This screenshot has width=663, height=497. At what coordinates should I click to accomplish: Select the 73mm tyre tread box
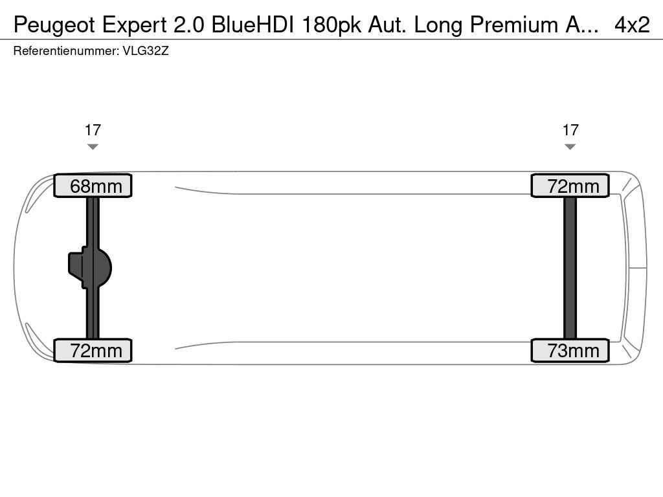click(x=570, y=350)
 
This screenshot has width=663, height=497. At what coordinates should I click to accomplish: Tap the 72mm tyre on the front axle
click(x=93, y=350)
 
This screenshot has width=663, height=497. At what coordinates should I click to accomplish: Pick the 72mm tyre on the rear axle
click(x=570, y=186)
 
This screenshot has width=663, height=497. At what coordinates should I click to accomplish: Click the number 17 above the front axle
click(x=93, y=130)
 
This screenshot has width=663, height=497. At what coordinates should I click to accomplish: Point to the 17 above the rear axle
click(x=570, y=130)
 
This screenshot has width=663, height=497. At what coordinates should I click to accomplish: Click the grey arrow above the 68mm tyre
click(x=93, y=147)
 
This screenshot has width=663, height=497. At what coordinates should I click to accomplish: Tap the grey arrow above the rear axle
click(x=570, y=147)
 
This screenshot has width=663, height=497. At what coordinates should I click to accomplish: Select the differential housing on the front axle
click(x=89, y=268)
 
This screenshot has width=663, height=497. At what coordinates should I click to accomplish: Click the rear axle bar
click(x=570, y=268)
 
